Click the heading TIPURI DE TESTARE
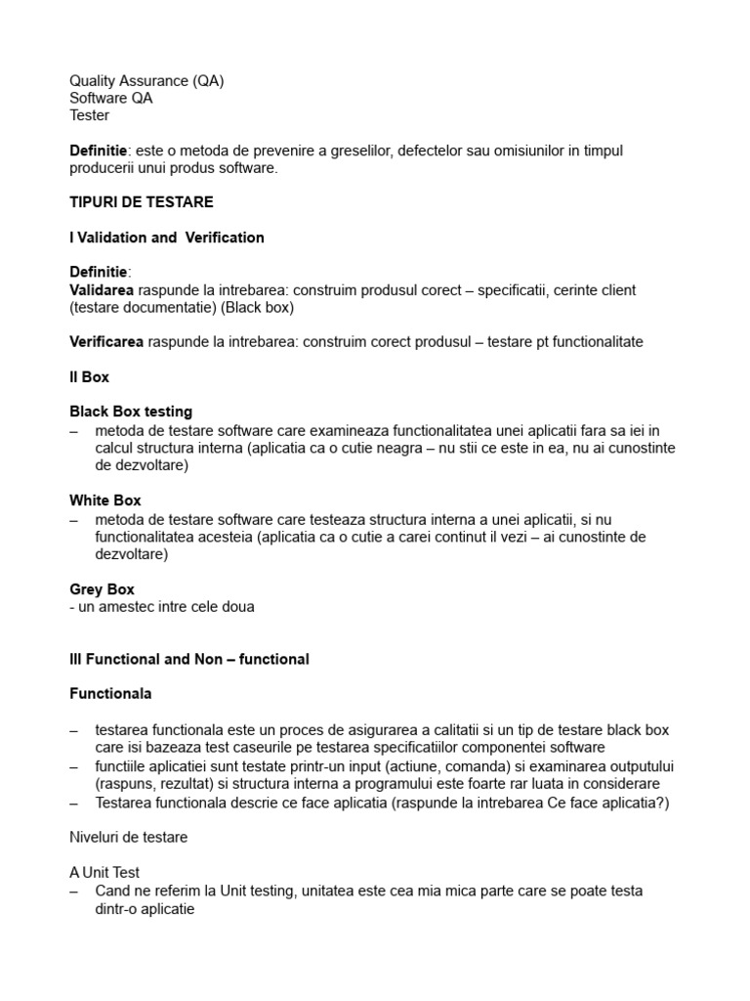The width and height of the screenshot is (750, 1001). [141, 202]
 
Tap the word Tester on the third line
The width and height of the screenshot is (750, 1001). [89, 115]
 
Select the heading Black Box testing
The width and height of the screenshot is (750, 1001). [131, 412]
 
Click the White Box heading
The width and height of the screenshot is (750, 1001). [105, 500]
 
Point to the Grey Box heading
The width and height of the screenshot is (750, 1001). [102, 589]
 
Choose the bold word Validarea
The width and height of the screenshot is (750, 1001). [102, 290]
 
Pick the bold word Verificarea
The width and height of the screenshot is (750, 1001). [106, 341]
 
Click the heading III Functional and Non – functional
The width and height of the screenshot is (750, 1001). [188, 659]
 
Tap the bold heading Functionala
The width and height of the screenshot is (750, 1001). [110, 694]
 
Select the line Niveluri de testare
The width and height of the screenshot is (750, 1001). [129, 837]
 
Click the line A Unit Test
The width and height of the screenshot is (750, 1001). [111, 873]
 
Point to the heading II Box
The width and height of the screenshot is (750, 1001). [89, 376]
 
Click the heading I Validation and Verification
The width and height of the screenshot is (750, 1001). [166, 238]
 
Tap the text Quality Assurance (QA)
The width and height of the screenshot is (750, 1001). [146, 81]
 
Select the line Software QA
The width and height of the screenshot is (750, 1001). [110, 98]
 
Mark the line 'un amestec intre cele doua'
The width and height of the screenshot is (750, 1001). [161, 607]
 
